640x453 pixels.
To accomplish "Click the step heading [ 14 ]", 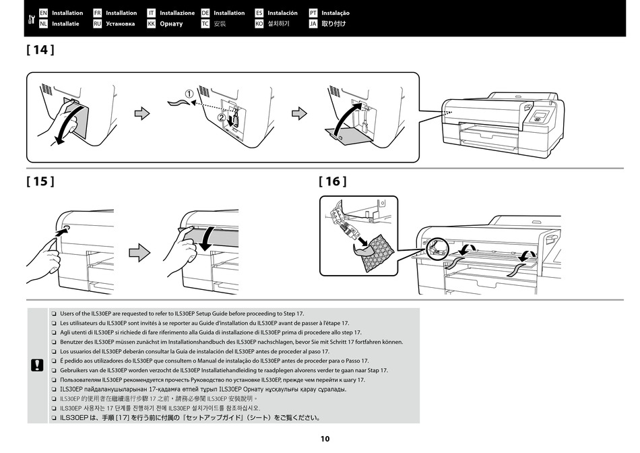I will click(40, 51).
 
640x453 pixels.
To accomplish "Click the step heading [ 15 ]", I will click(40, 181).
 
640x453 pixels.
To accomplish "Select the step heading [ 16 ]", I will click(333, 181).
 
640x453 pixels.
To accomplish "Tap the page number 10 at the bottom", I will click(325, 439).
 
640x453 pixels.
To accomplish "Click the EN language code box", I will click(44, 13).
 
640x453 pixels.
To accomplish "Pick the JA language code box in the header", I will click(313, 24).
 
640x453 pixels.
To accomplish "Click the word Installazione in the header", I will click(177, 13).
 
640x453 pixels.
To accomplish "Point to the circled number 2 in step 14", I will click(222, 117).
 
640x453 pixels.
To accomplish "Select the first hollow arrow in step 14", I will click(142, 113).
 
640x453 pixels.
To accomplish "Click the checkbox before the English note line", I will click(53, 314).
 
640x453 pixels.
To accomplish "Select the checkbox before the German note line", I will click(53, 342).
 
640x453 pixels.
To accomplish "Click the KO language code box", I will click(259, 24).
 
